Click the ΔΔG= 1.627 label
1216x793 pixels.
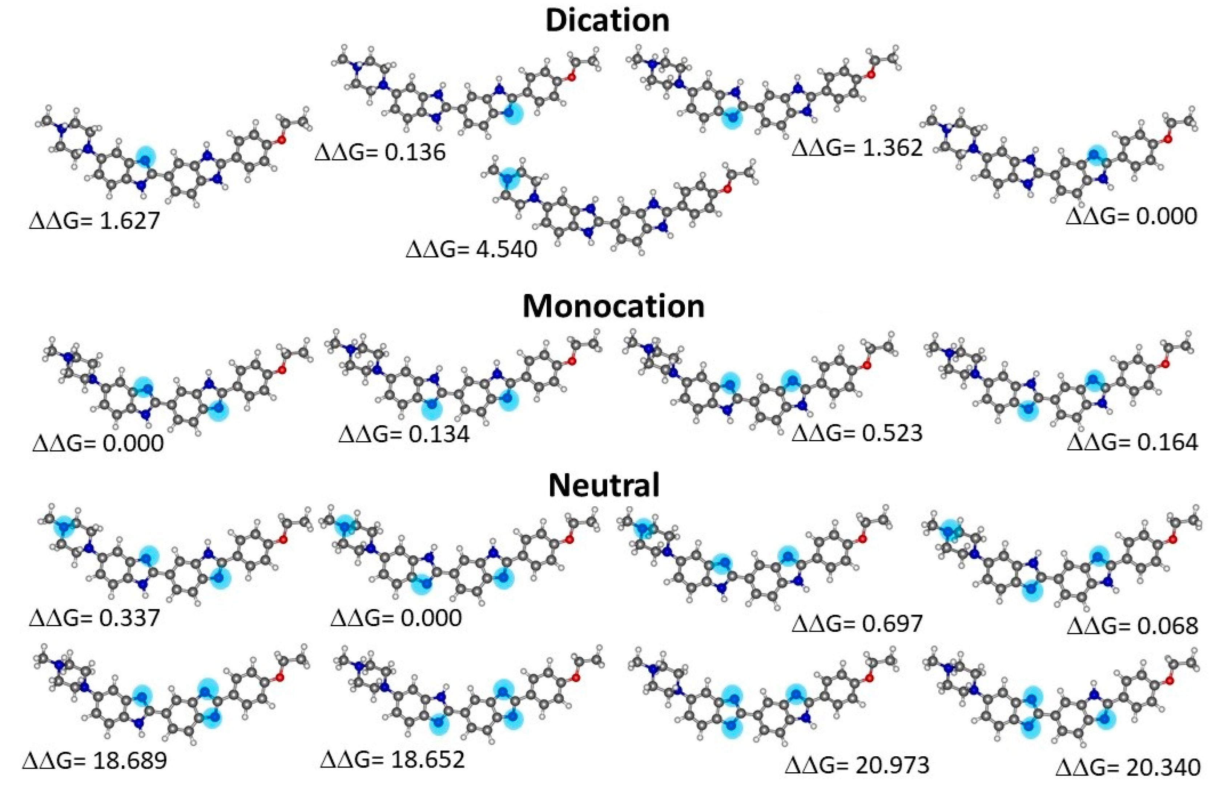pyautogui.click(x=94, y=221)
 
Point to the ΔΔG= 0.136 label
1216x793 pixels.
pyautogui.click(x=380, y=152)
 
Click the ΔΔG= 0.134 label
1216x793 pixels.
pyautogui.click(x=404, y=434)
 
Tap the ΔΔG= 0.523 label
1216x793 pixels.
pyautogui.click(x=857, y=433)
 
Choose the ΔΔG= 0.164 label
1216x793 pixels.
pyautogui.click(x=1132, y=442)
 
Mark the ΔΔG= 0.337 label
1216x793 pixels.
pyautogui.click(x=94, y=618)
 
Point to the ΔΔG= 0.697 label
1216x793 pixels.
pyautogui.click(x=857, y=623)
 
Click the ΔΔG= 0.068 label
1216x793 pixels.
pyautogui.click(x=1132, y=625)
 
